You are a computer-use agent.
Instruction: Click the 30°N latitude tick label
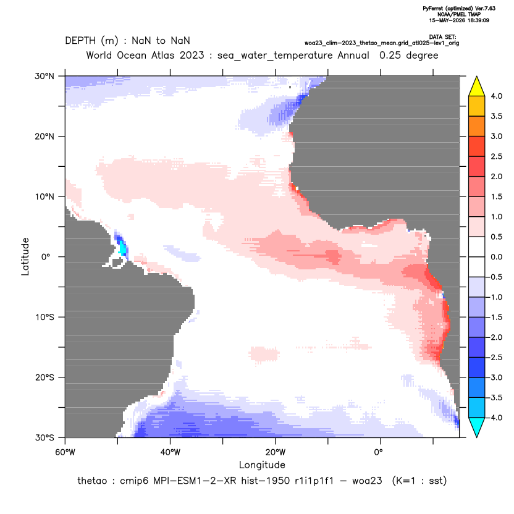click(x=44, y=76)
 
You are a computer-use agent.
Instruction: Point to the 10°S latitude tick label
click(x=44, y=318)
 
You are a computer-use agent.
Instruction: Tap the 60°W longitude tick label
click(x=65, y=452)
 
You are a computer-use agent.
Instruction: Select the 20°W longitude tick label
click(x=276, y=452)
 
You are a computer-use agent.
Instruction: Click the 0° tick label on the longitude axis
click(x=378, y=452)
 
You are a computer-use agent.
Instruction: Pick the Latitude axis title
click(x=25, y=256)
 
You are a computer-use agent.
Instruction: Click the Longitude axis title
click(x=262, y=465)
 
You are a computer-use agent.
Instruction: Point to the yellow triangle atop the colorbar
click(x=477, y=86)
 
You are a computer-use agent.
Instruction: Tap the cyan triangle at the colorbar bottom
click(x=477, y=428)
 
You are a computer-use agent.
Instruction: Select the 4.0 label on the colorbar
click(x=496, y=96)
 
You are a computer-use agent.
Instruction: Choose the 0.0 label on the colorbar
click(x=496, y=257)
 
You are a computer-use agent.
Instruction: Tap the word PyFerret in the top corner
click(x=433, y=9)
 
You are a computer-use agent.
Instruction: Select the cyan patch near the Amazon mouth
click(x=122, y=248)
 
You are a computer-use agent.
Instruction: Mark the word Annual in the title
click(x=353, y=55)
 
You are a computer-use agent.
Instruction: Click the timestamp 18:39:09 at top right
click(x=477, y=20)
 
